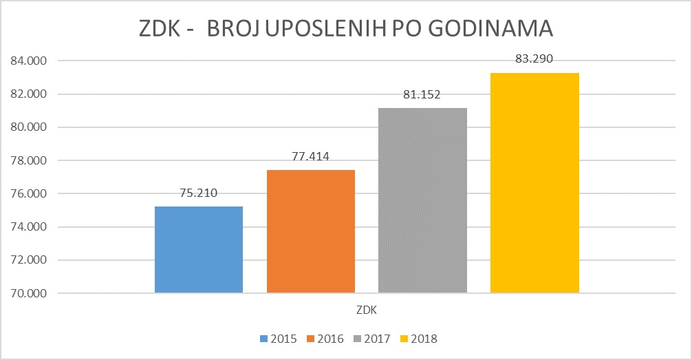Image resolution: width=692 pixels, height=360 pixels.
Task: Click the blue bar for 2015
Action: click(x=199, y=250)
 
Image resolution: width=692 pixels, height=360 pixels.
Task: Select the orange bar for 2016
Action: click(x=310, y=231)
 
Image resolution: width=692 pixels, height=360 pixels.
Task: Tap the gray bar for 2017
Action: click(x=422, y=200)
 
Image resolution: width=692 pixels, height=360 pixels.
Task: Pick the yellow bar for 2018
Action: click(x=534, y=182)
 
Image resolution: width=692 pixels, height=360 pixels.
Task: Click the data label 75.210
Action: click(x=198, y=193)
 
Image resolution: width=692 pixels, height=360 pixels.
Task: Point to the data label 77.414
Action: click(x=310, y=156)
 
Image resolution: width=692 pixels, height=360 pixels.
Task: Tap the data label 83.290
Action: click(x=534, y=59)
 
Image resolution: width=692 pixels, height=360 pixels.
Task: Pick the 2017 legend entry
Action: click(x=371, y=339)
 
